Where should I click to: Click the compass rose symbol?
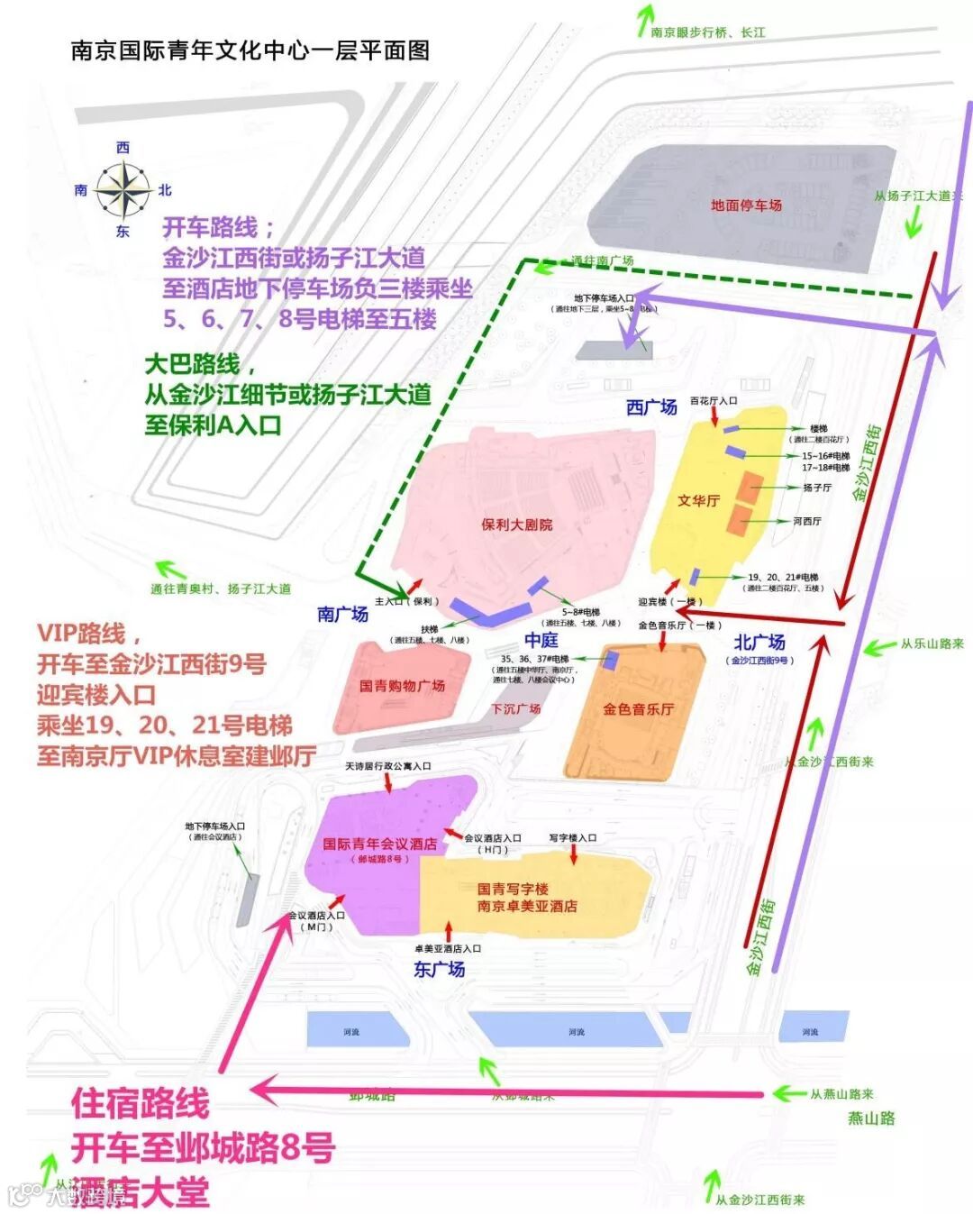(123, 189)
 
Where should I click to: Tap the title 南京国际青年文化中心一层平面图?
(250, 50)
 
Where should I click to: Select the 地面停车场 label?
(746, 205)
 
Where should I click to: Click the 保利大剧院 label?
(517, 525)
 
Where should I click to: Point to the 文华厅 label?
(698, 501)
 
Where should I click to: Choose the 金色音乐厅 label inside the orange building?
(638, 709)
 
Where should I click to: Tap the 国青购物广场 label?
(402, 686)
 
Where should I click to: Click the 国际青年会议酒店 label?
(379, 844)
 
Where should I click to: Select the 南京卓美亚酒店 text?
(527, 907)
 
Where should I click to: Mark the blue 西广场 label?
(651, 407)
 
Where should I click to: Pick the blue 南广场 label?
(342, 615)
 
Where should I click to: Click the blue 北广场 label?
(759, 643)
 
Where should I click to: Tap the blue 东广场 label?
(439, 970)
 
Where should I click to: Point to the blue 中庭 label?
(541, 640)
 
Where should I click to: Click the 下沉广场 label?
(516, 709)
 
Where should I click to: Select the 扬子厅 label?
(817, 488)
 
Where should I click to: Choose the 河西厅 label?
(807, 521)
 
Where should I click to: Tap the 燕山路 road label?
(871, 1118)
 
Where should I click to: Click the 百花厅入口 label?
(714, 401)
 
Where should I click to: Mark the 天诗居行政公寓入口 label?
(388, 766)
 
